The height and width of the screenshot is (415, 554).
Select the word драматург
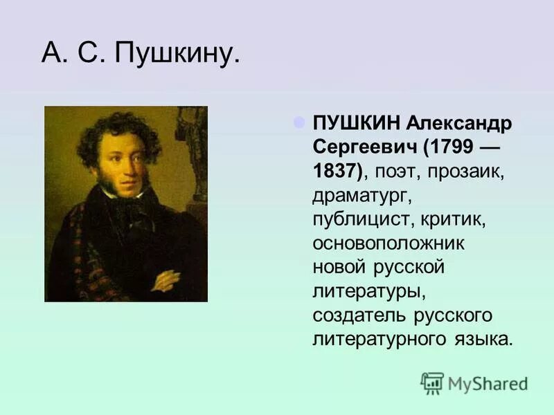pyautogui.click(x=361, y=196)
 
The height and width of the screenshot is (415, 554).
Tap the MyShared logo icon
pyautogui.click(x=432, y=382)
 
